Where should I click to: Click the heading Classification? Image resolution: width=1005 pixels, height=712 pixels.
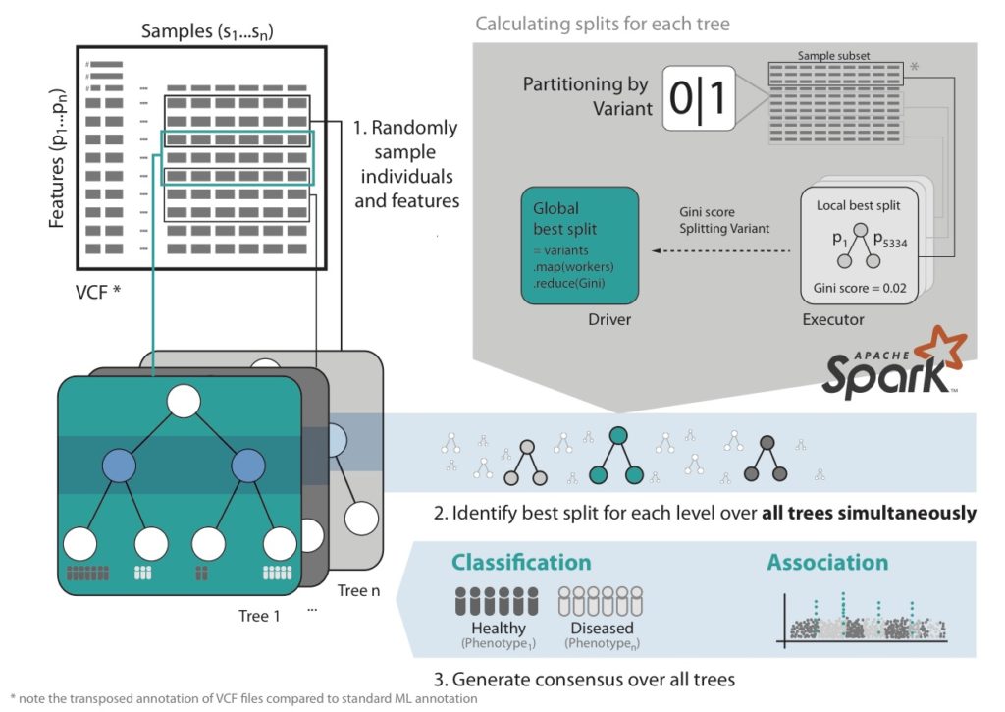[521, 563]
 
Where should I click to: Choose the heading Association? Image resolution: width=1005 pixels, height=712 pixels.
[827, 563]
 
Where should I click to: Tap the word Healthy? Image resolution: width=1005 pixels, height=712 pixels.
[498, 629]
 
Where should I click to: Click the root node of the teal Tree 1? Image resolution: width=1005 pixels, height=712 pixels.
[183, 402]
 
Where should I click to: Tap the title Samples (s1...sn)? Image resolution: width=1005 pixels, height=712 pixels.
[206, 32]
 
